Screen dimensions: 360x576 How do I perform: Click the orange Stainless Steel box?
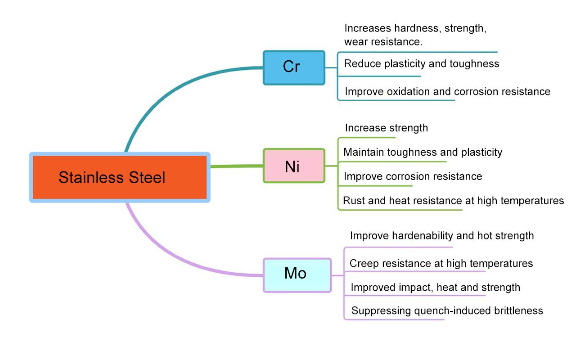click(x=120, y=177)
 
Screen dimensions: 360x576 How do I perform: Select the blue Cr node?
click(x=294, y=67)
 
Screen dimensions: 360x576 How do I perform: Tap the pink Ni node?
click(x=294, y=166)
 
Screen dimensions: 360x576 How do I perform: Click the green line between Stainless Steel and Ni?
click(x=236, y=166)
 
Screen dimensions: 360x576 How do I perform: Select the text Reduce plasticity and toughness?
click(x=422, y=63)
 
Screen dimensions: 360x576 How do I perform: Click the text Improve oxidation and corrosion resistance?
click(x=447, y=91)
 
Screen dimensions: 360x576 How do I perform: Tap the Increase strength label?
click(x=386, y=128)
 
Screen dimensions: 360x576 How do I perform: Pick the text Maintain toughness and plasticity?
click(x=423, y=152)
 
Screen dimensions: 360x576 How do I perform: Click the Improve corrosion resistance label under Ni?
click(x=413, y=176)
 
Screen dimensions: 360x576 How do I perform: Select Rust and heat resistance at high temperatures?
click(x=453, y=200)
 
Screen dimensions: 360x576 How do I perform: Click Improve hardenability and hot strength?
click(x=441, y=235)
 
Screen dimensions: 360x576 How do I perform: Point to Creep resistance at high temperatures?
click(x=441, y=263)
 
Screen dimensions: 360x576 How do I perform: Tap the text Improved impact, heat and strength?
click(x=435, y=287)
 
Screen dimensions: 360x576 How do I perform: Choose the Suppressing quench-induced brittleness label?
click(x=447, y=310)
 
